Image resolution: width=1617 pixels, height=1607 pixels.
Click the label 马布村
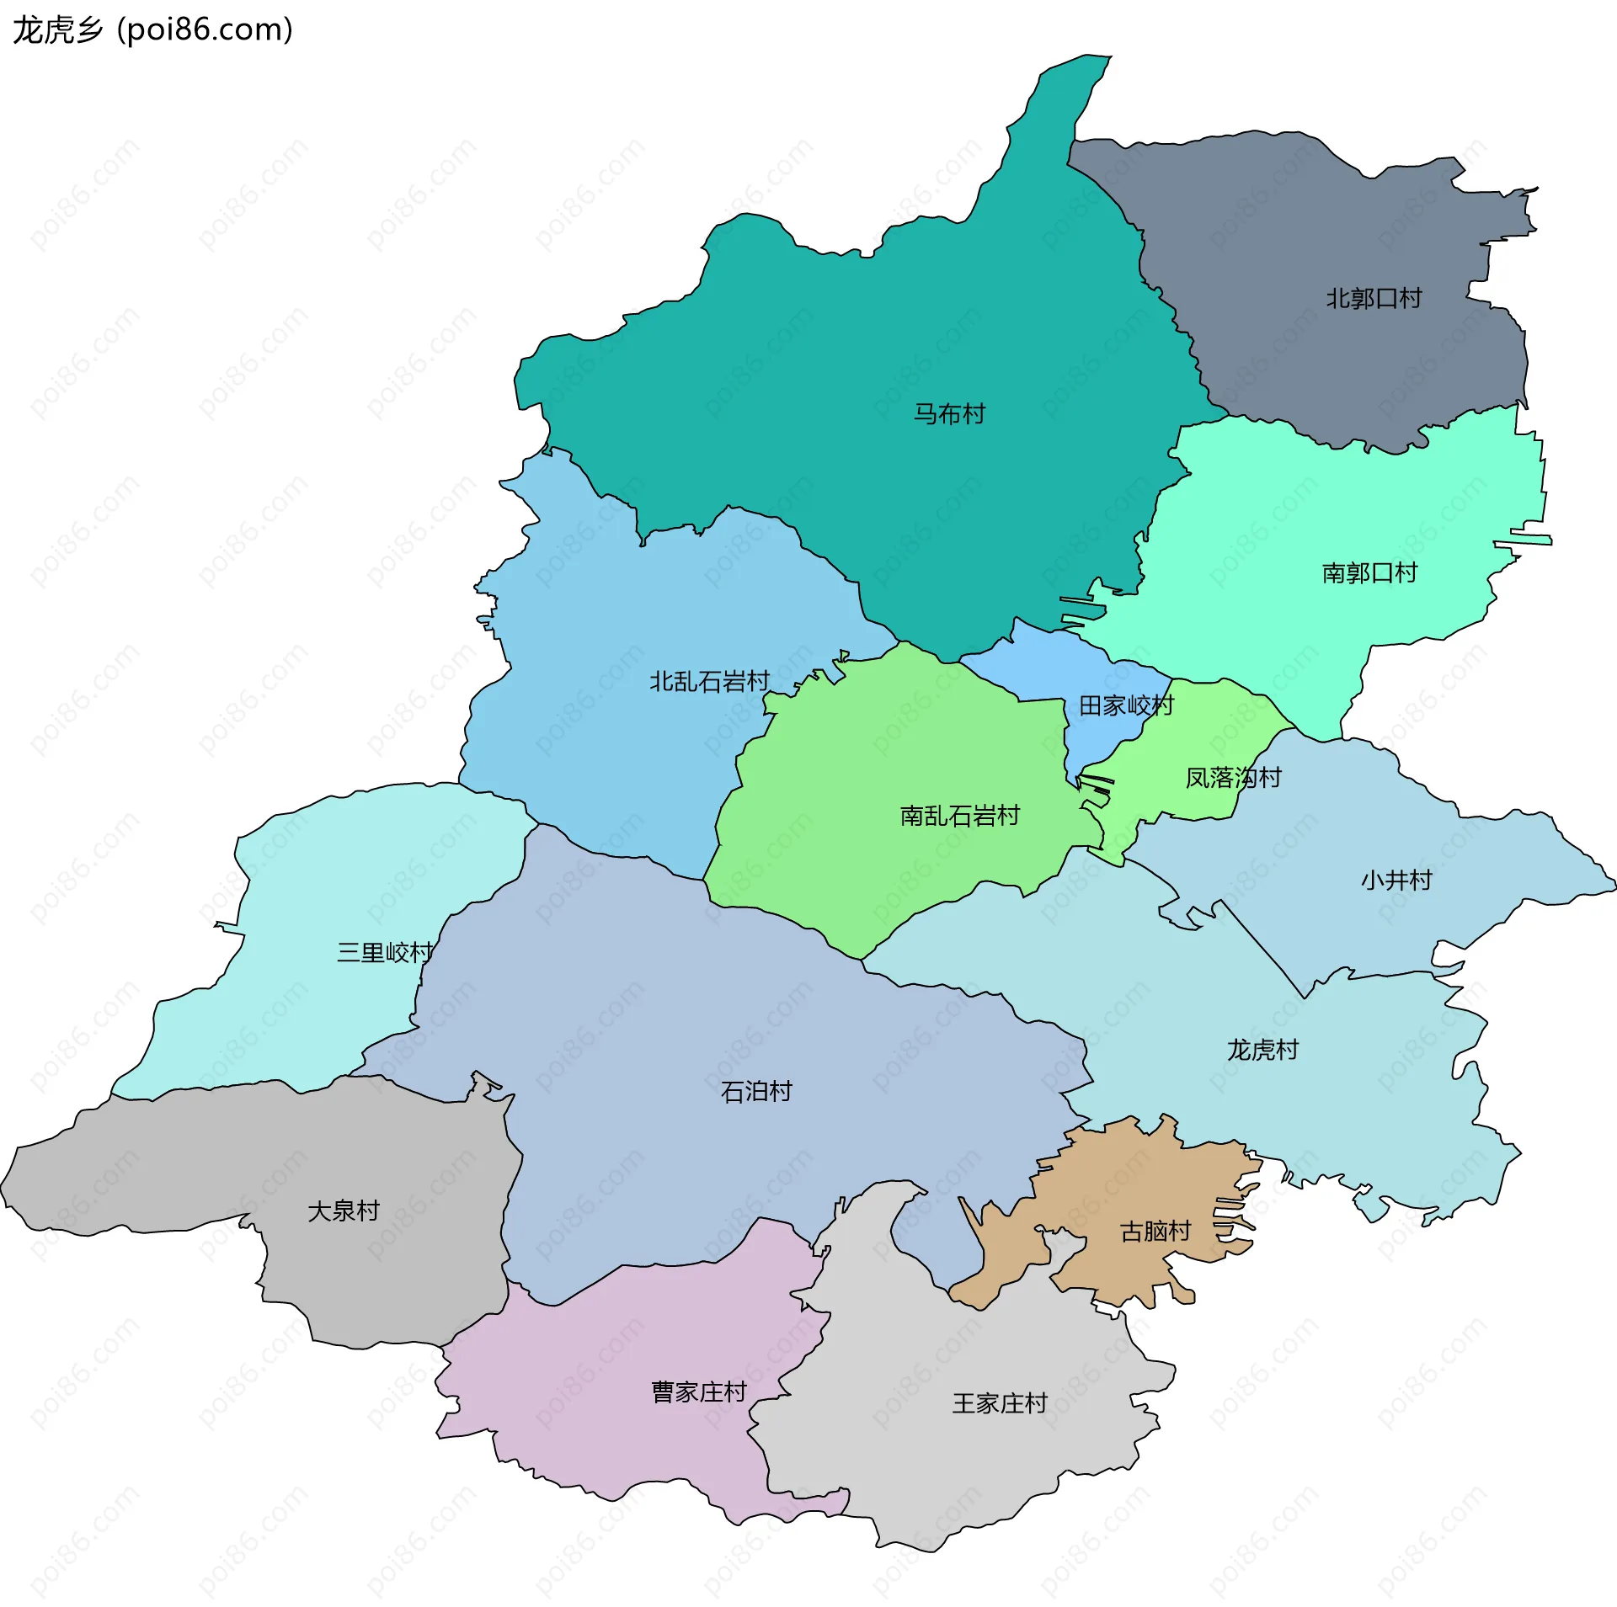click(x=949, y=414)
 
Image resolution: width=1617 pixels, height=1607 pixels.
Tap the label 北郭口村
click(x=1374, y=299)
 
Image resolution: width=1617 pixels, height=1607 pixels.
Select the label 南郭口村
click(x=1369, y=573)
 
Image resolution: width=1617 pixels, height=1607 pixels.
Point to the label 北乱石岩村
click(x=709, y=681)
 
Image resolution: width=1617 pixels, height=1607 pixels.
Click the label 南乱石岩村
click(x=959, y=816)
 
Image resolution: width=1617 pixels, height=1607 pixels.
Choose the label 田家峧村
click(x=1126, y=705)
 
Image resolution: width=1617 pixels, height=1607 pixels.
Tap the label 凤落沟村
click(x=1233, y=777)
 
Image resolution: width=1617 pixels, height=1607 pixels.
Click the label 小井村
click(x=1396, y=881)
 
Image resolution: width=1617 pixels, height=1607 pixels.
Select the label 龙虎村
click(x=1262, y=1050)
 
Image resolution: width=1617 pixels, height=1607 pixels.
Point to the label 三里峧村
click(x=384, y=953)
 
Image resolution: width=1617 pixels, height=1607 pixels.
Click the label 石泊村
click(x=756, y=1092)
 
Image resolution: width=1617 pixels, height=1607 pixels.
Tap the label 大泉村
click(x=344, y=1211)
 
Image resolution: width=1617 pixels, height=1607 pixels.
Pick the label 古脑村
click(x=1155, y=1232)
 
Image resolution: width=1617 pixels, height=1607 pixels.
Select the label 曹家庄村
click(x=699, y=1391)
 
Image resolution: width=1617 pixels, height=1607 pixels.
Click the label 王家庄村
click(x=1000, y=1403)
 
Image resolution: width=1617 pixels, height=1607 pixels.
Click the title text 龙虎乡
click(x=57, y=30)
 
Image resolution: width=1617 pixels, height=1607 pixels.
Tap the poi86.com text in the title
click(x=205, y=30)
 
